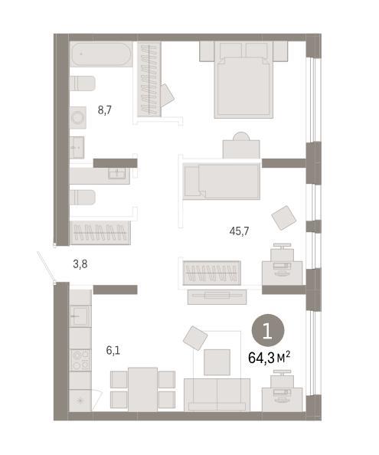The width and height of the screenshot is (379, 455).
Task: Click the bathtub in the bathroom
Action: click(x=101, y=54)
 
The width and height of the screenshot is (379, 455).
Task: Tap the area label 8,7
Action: click(x=105, y=110)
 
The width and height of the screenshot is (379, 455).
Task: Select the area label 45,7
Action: click(x=239, y=231)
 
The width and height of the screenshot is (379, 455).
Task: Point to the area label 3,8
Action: click(x=80, y=264)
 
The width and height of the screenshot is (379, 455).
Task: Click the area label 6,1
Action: click(x=113, y=350)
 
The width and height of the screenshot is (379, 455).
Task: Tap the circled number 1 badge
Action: click(x=268, y=331)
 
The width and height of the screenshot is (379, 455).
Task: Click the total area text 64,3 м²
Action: click(x=269, y=358)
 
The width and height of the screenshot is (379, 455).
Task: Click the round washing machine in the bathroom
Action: click(x=77, y=118)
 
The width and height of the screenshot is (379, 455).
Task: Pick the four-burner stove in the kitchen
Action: click(x=80, y=360)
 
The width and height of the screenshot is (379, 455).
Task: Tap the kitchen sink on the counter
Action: click(x=80, y=316)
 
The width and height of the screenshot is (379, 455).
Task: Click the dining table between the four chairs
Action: click(x=142, y=389)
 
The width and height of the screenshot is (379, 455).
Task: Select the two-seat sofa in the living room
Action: click(x=217, y=394)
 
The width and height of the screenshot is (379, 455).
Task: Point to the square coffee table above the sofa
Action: click(x=217, y=362)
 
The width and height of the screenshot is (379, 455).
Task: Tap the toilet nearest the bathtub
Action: click(x=83, y=83)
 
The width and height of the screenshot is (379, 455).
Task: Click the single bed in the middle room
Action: click(x=222, y=182)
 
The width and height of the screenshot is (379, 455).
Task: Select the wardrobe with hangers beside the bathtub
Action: click(x=149, y=80)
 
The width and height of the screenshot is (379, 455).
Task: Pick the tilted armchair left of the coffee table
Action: click(x=195, y=338)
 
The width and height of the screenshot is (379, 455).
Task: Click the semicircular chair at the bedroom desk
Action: click(x=241, y=136)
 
